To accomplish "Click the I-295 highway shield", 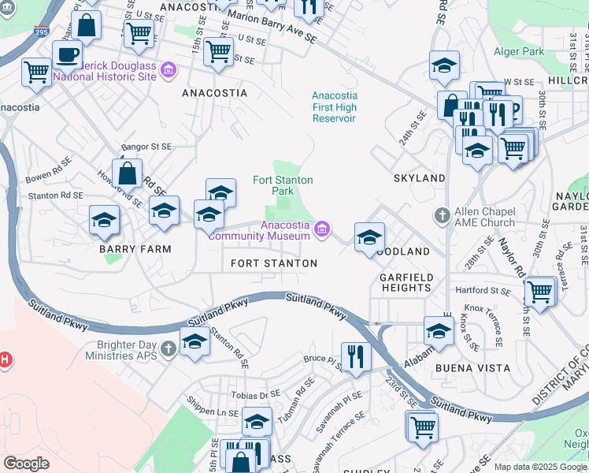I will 41,32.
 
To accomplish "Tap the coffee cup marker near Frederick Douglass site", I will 67,54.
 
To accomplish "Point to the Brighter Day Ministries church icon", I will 168,348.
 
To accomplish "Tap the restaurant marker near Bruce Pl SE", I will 356,356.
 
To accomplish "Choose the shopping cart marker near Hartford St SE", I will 539,291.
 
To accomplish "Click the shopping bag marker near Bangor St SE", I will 127,173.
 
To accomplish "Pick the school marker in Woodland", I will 369,236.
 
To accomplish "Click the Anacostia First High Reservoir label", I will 334,107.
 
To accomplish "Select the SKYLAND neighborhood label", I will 419,178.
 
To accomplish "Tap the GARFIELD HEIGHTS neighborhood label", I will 406,283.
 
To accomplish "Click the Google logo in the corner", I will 26,463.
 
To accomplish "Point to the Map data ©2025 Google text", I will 539,467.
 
